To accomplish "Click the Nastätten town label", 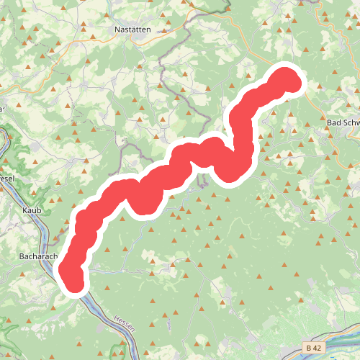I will pos(132,30).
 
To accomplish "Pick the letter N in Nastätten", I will pos(117,30).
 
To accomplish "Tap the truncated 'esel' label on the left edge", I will pos(6,177).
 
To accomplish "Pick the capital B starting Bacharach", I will pos(21,255).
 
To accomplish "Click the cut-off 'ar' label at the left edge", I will pos(3,109).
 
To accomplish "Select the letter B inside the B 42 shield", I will pos(309,347).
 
